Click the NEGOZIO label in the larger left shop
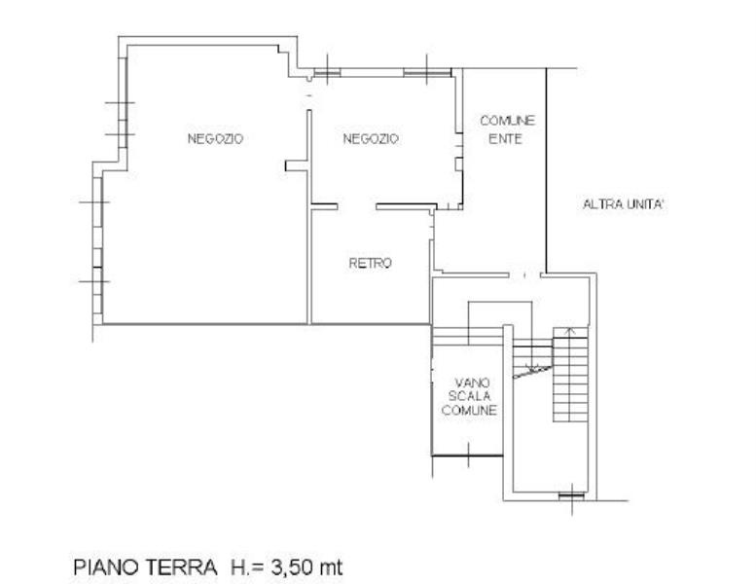click(215, 139)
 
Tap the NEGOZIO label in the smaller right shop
click(371, 139)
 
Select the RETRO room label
click(371, 264)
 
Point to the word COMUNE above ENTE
click(508, 121)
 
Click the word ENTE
click(505, 139)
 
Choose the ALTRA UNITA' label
click(625, 204)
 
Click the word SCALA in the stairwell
click(470, 396)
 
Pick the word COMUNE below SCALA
click(469, 410)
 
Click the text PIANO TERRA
click(146, 567)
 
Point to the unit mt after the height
click(332, 568)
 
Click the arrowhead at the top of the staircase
click(570, 330)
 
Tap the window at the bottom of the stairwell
click(572, 495)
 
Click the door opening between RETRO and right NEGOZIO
click(357, 207)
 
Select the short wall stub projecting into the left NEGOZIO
click(297, 165)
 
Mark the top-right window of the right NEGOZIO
click(427, 73)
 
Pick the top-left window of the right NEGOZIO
click(327, 73)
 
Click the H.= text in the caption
click(248, 567)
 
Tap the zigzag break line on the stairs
click(532, 371)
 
